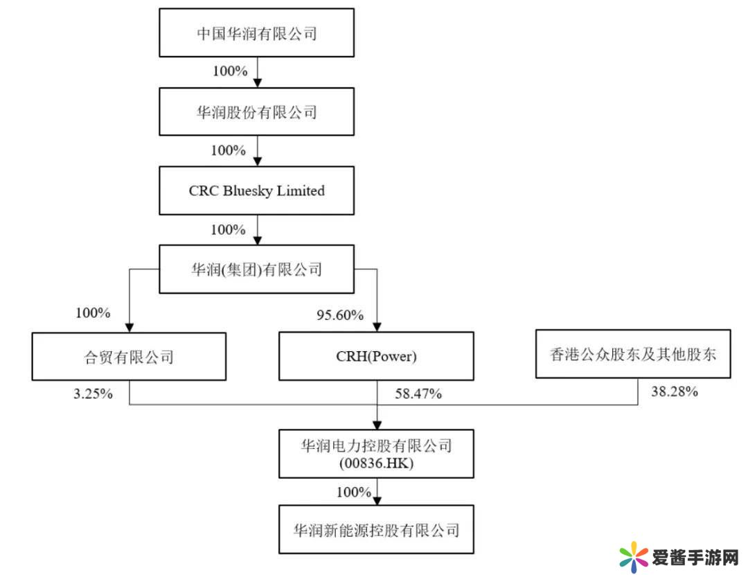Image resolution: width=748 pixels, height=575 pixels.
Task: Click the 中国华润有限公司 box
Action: (256, 33)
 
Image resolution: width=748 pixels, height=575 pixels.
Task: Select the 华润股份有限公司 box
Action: (256, 112)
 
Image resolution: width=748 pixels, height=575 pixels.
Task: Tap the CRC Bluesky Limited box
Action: (256, 191)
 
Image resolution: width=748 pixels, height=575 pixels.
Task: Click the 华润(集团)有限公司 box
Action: (256, 269)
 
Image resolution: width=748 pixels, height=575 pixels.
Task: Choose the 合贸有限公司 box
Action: (129, 356)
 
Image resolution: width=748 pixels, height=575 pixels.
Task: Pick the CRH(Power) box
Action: (376, 356)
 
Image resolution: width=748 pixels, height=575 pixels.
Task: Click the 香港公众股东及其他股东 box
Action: (633, 354)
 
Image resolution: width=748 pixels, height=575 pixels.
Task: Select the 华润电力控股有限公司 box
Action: (376, 453)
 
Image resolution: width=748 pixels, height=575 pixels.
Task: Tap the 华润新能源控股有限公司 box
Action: (376, 530)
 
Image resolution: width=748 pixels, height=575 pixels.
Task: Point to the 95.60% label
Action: (339, 315)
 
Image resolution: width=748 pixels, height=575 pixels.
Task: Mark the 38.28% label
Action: (674, 392)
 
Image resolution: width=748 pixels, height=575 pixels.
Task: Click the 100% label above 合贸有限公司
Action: (93, 312)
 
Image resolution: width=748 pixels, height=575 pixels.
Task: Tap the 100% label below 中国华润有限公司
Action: (229, 71)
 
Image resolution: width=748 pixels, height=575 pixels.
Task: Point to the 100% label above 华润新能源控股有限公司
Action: (353, 492)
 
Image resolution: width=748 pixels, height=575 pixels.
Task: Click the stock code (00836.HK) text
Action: (376, 464)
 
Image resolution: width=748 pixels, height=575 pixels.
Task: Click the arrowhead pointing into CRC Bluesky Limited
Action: (258, 161)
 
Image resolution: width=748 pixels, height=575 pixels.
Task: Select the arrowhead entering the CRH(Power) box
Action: (376, 327)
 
